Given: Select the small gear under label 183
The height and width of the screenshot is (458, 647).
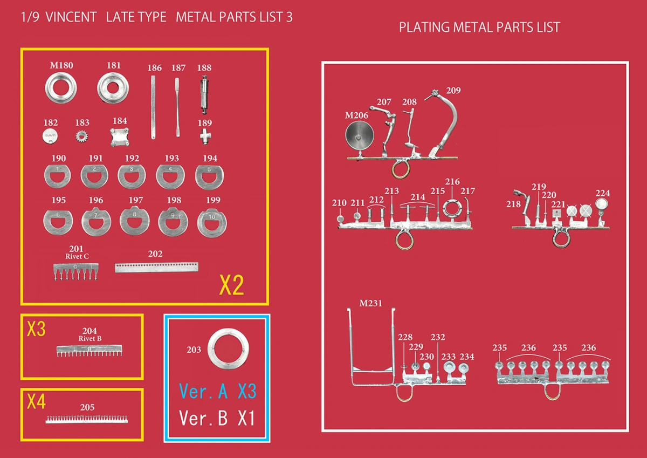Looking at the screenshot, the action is click(82, 136).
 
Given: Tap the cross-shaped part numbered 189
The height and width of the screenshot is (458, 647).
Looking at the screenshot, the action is click(205, 136).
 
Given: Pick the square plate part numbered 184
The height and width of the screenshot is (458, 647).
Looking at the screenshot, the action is click(120, 137).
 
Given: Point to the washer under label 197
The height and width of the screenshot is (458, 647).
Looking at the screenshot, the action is click(134, 228).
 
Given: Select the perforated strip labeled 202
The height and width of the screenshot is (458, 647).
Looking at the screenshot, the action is click(156, 267).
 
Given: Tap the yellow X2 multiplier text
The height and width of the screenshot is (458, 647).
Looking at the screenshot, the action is click(232, 285).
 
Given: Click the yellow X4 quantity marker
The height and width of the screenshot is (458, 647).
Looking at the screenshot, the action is click(36, 402).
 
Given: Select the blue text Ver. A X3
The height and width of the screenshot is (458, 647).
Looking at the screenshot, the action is click(217, 391).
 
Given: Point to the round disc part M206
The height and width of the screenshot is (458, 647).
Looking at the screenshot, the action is click(360, 135).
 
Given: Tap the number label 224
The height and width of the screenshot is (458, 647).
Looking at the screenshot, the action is click(603, 193).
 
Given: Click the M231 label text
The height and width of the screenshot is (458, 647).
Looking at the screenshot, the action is click(370, 303).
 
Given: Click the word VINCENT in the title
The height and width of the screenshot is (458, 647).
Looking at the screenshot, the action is click(71, 17).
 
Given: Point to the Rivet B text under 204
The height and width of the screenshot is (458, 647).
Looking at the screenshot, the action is click(90, 339).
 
